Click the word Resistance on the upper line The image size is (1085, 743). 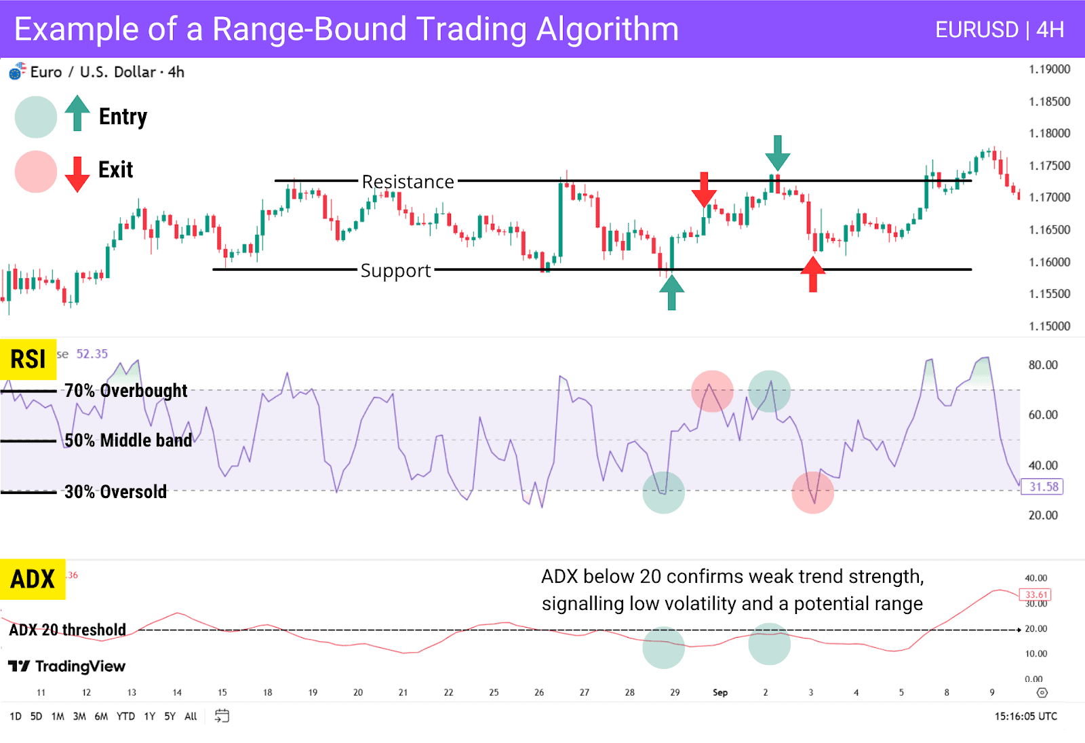tap(408, 182)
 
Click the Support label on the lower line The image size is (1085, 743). tap(395, 271)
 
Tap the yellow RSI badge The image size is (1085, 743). tap(28, 359)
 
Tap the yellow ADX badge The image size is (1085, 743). tap(32, 579)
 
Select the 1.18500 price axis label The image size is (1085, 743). tap(1049, 102)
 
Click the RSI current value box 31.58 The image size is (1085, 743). tap(1042, 487)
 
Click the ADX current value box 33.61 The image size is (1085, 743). tap(1035, 595)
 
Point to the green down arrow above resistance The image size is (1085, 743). tap(777, 153)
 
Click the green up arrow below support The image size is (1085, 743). tap(671, 293)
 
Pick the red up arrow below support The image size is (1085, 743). tap(812, 274)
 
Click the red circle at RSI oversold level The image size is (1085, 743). tap(812, 493)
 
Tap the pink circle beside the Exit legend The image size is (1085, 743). tap(36, 172)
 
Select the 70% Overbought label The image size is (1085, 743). tap(125, 391)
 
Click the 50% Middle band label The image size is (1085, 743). tap(128, 440)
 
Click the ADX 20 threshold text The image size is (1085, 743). tap(67, 630)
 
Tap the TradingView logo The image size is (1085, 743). tap(66, 666)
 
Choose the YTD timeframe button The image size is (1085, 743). tap(125, 717)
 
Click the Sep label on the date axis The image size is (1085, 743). tap(720, 693)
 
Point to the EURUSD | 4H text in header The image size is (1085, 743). tap(999, 30)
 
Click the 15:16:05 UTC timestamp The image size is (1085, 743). tap(1025, 717)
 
